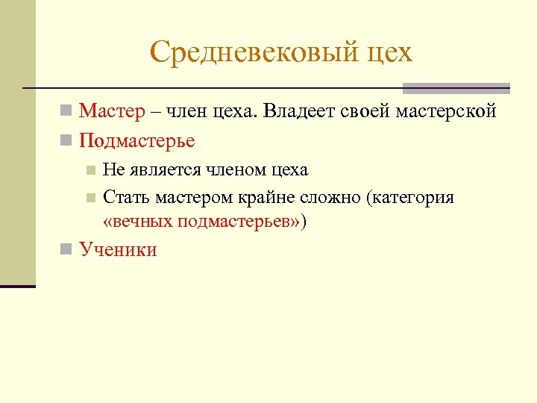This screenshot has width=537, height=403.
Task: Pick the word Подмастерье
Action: [x=137, y=140]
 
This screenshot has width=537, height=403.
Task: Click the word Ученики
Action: [x=118, y=249]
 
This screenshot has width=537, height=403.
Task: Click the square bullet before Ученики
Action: [x=66, y=249]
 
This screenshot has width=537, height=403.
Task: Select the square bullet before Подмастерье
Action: [x=66, y=140]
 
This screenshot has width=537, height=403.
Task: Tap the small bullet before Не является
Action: [x=90, y=170]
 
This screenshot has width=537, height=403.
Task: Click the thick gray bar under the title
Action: [x=456, y=88]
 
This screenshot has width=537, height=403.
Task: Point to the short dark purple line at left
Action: [x=18, y=286]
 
